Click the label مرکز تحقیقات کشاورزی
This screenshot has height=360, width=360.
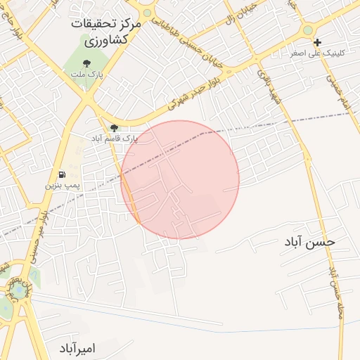pyautogui.click(x=106, y=32)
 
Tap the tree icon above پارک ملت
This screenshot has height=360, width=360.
pyautogui.click(x=85, y=62)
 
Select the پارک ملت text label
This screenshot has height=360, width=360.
pyautogui.click(x=86, y=73)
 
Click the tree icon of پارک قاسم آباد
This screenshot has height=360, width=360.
pyautogui.click(x=114, y=128)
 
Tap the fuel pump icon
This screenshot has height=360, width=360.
pyautogui.click(x=62, y=174)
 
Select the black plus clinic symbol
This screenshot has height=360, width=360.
pyautogui.click(x=318, y=42)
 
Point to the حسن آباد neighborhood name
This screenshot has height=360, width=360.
pyautogui.click(x=310, y=242)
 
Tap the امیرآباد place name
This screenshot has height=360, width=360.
pyautogui.click(x=77, y=348)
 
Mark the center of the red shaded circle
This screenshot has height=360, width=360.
pyautogui.click(x=180, y=180)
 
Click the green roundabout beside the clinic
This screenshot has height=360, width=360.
pyautogui.click(x=308, y=30)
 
